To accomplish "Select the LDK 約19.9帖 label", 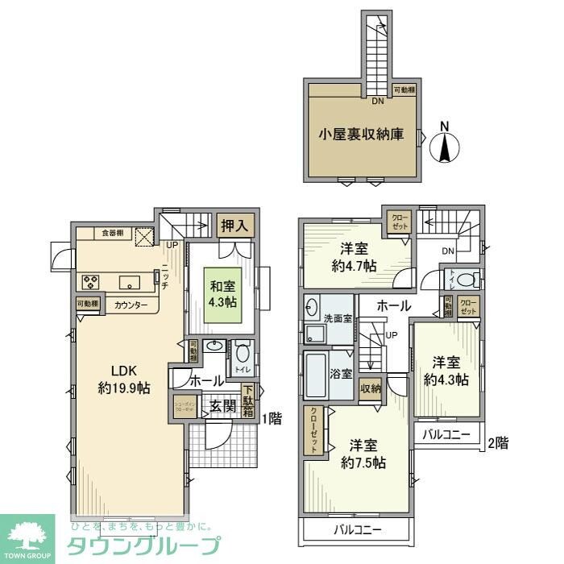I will click(120, 379).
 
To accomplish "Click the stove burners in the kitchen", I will click(90, 282).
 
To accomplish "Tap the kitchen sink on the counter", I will click(129, 282).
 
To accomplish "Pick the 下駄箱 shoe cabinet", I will click(249, 406).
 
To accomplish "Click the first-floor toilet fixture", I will click(242, 355).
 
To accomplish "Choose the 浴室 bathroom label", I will click(342, 373).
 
